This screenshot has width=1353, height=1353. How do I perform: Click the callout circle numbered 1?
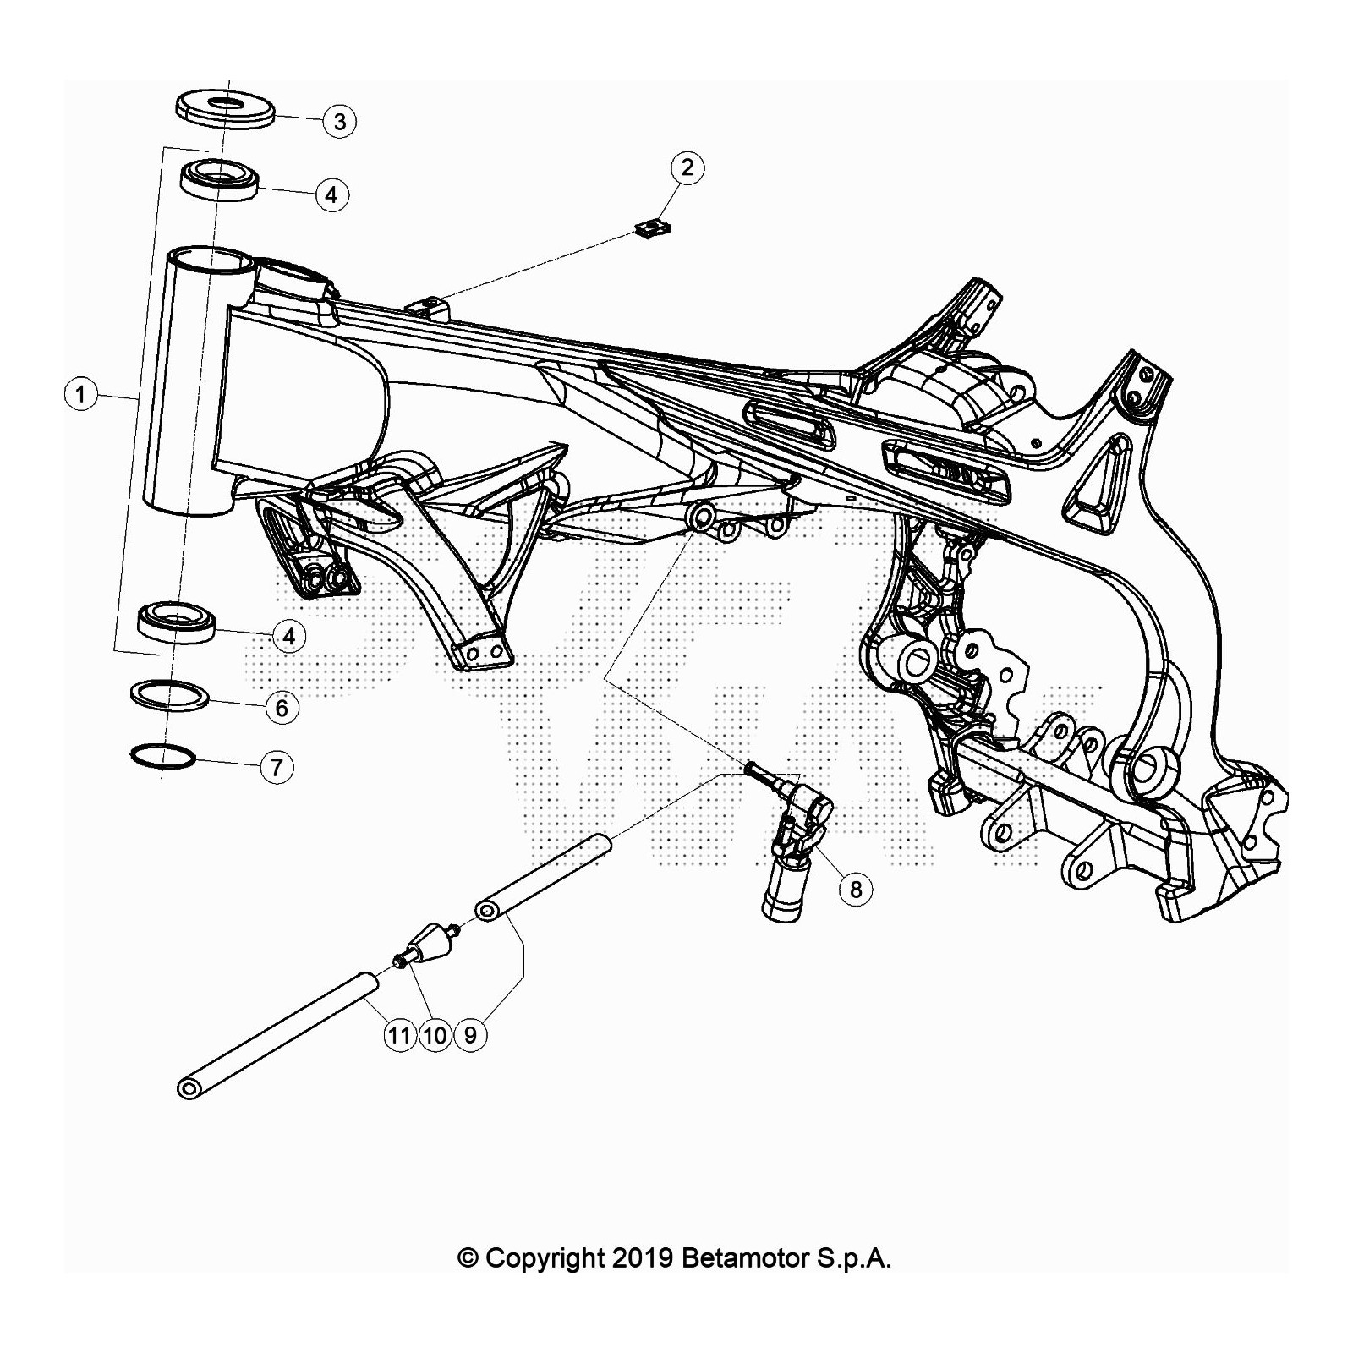pyautogui.click(x=81, y=394)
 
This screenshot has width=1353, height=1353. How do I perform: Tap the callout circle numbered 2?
pyautogui.click(x=687, y=167)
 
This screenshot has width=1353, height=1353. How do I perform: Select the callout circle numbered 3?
pyautogui.click(x=339, y=121)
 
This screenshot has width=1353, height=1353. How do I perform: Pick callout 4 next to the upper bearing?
pyautogui.click(x=331, y=194)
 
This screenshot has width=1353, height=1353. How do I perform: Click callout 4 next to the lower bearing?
pyautogui.click(x=289, y=636)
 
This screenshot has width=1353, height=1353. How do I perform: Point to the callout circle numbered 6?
pyautogui.click(x=282, y=707)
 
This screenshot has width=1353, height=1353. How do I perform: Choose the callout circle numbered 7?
pyautogui.click(x=277, y=767)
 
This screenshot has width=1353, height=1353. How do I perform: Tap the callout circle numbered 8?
pyautogui.click(x=856, y=889)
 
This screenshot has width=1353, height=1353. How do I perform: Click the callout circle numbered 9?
pyautogui.click(x=470, y=1034)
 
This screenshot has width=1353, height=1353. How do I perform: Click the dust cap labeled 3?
pyautogui.click(x=226, y=107)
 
